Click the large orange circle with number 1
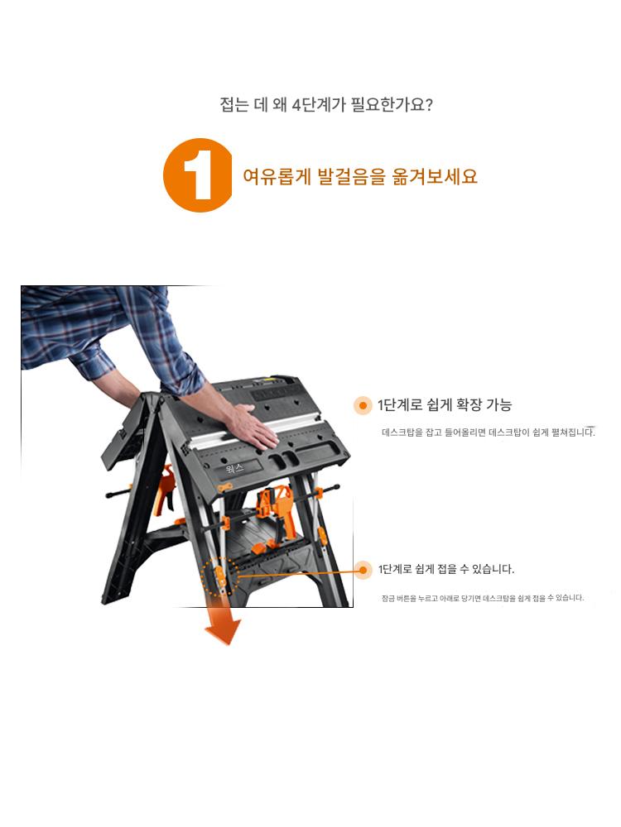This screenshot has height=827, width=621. point(198,175)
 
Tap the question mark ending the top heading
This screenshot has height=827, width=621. point(428,104)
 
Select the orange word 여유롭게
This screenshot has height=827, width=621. point(277,176)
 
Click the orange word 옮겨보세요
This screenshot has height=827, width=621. point(435,176)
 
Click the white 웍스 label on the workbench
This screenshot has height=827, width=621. point(234,468)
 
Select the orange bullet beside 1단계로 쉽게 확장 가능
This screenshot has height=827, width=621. point(363,405)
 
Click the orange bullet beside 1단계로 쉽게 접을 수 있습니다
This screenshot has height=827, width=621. point(363,570)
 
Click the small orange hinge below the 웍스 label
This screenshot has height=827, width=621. point(225,488)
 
